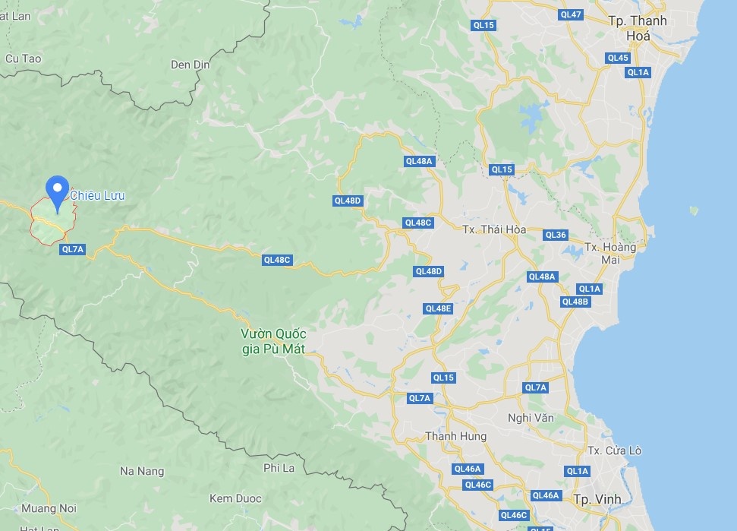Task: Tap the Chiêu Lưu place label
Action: click(97, 196)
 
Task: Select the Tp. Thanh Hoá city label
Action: click(637, 27)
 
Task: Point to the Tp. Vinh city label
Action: click(597, 499)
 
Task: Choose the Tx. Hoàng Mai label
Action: click(610, 253)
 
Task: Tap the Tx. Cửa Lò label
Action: click(615, 450)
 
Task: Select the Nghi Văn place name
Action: click(531, 418)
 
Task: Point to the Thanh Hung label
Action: click(455, 436)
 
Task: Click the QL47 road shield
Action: click(570, 14)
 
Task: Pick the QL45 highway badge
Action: click(618, 58)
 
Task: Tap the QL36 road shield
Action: click(556, 235)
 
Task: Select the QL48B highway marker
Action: click(575, 302)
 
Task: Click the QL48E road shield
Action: click(438, 308)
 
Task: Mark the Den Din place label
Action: click(190, 65)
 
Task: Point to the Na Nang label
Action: click(142, 471)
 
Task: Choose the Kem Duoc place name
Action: click(235, 498)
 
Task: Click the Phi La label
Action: click(279, 467)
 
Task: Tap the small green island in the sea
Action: click(693, 210)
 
